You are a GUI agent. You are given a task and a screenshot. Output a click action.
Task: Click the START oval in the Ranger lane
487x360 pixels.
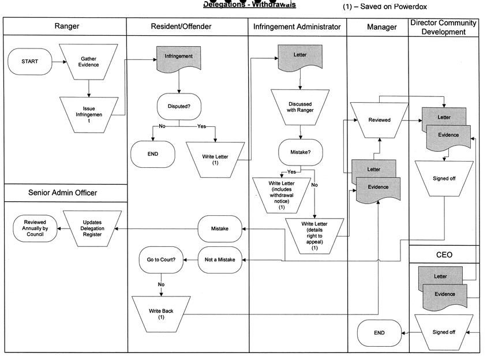click(x=30, y=62)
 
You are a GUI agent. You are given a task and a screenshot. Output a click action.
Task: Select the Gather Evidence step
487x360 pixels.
click(x=89, y=62)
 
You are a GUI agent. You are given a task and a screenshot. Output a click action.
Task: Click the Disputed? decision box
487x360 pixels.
click(x=178, y=106)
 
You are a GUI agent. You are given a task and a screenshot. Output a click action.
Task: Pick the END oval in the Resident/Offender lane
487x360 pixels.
click(x=152, y=154)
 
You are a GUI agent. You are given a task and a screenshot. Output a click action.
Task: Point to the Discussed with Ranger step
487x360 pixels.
click(x=299, y=107)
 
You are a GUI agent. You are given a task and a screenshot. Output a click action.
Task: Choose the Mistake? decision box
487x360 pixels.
click(x=299, y=152)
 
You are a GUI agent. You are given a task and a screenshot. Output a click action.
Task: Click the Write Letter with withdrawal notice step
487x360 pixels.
click(x=282, y=194)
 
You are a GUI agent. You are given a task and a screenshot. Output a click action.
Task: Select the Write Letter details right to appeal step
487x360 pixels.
click(x=314, y=235)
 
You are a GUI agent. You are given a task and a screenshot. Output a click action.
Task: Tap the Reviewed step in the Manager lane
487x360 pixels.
click(x=379, y=120)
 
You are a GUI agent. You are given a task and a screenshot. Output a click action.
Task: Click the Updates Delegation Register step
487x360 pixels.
click(x=92, y=229)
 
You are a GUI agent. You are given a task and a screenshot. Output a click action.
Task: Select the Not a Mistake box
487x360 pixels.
click(x=220, y=260)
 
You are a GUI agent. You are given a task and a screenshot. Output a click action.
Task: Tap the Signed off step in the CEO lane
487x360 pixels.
click(x=444, y=332)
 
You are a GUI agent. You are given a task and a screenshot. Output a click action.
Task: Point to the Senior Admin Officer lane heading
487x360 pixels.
click(x=63, y=193)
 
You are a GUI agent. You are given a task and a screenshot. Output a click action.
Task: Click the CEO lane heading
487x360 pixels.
click(x=444, y=254)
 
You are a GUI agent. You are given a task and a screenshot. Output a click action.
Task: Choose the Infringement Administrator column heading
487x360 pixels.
click(x=297, y=27)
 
